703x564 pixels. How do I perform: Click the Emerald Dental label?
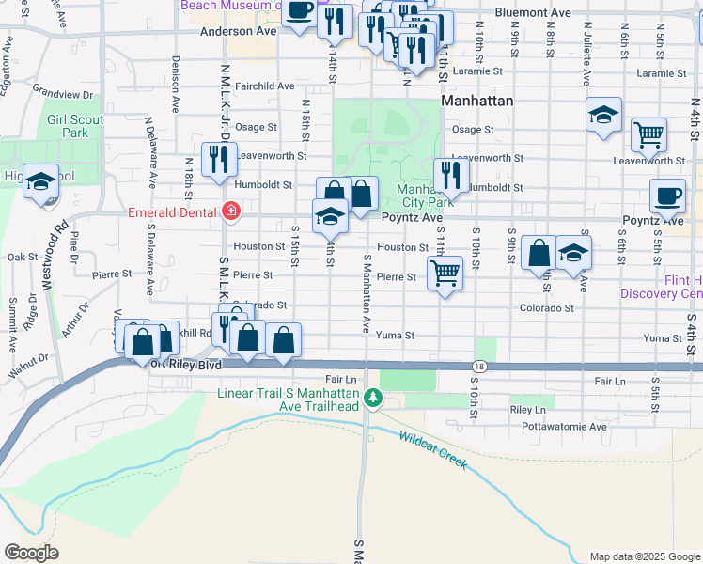coord(173,212)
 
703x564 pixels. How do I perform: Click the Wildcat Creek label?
coord(432,450)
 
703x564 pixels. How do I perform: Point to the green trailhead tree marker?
coord(373,399)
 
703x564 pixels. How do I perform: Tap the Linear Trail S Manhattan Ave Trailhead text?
coord(302,399)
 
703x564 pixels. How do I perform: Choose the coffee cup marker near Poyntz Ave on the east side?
coord(667,196)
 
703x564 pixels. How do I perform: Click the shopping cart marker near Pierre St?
coord(445,274)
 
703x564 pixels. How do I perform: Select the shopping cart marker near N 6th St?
coord(648,134)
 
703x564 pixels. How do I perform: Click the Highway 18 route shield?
coord(479,367)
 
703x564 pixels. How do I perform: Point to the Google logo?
coord(32,552)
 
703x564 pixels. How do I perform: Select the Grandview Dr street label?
coord(62,94)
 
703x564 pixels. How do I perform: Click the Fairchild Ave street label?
coord(266,86)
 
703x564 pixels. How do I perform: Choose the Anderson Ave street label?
coord(239,30)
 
